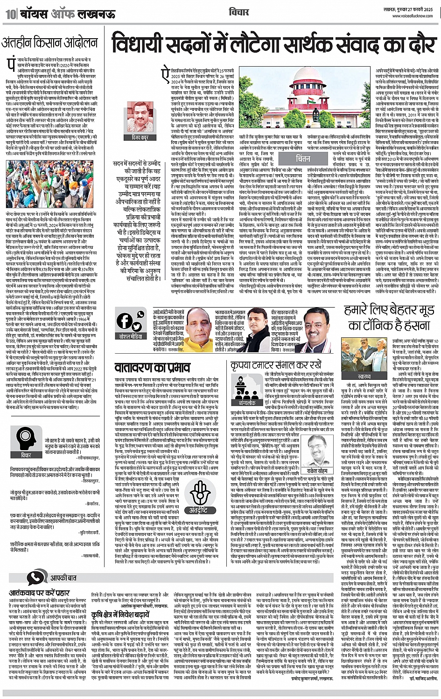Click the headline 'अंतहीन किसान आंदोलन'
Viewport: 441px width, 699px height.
pyautogui.click(x=47, y=45)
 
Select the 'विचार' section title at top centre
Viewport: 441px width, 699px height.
pyautogui.click(x=239, y=12)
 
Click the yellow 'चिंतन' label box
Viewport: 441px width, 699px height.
pyautogui.click(x=303, y=158)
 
